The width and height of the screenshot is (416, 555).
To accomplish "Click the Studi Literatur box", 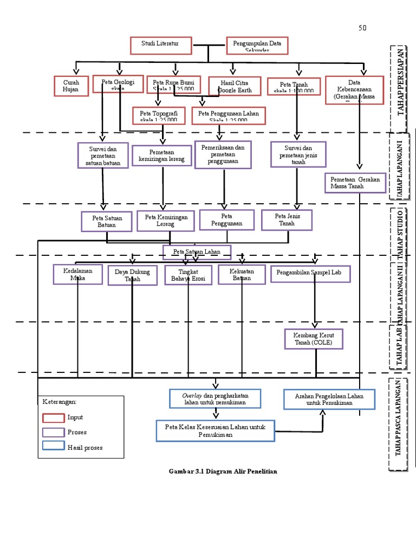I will pyautogui.click(x=161, y=46).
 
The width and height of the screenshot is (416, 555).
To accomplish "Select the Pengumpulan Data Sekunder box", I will pyautogui.click(x=257, y=46).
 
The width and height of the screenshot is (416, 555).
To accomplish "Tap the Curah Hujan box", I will pyautogui.click(x=71, y=86).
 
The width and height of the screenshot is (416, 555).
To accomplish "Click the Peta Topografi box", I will pyautogui.click(x=159, y=115).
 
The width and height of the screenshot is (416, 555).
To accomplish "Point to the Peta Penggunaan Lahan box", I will pyautogui.click(x=228, y=115).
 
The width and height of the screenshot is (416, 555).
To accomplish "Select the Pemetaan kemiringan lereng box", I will pyautogui.click(x=161, y=156).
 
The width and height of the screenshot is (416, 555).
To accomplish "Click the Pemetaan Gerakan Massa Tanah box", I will pyautogui.click(x=355, y=183).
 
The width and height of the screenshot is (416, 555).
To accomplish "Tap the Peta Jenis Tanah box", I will pyautogui.click(x=287, y=220).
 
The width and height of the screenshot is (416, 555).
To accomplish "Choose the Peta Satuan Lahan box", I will pyautogui.click(x=197, y=252).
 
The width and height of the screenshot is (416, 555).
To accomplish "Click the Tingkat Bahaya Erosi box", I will pyautogui.click(x=188, y=275).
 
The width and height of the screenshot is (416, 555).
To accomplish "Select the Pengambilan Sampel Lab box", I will pyautogui.click(x=310, y=274).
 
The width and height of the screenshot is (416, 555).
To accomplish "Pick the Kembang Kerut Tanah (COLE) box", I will pyautogui.click(x=314, y=339).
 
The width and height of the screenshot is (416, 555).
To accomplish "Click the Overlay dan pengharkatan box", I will pyautogui.click(x=215, y=399).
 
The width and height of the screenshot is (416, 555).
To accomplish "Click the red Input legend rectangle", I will pyautogui.click(x=54, y=417).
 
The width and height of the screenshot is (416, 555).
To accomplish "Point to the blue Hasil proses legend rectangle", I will pyautogui.click(x=54, y=447).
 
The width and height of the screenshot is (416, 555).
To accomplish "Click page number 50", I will pyautogui.click(x=362, y=28).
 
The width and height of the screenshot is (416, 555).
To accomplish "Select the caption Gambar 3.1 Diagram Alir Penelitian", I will pyautogui.click(x=223, y=471).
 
